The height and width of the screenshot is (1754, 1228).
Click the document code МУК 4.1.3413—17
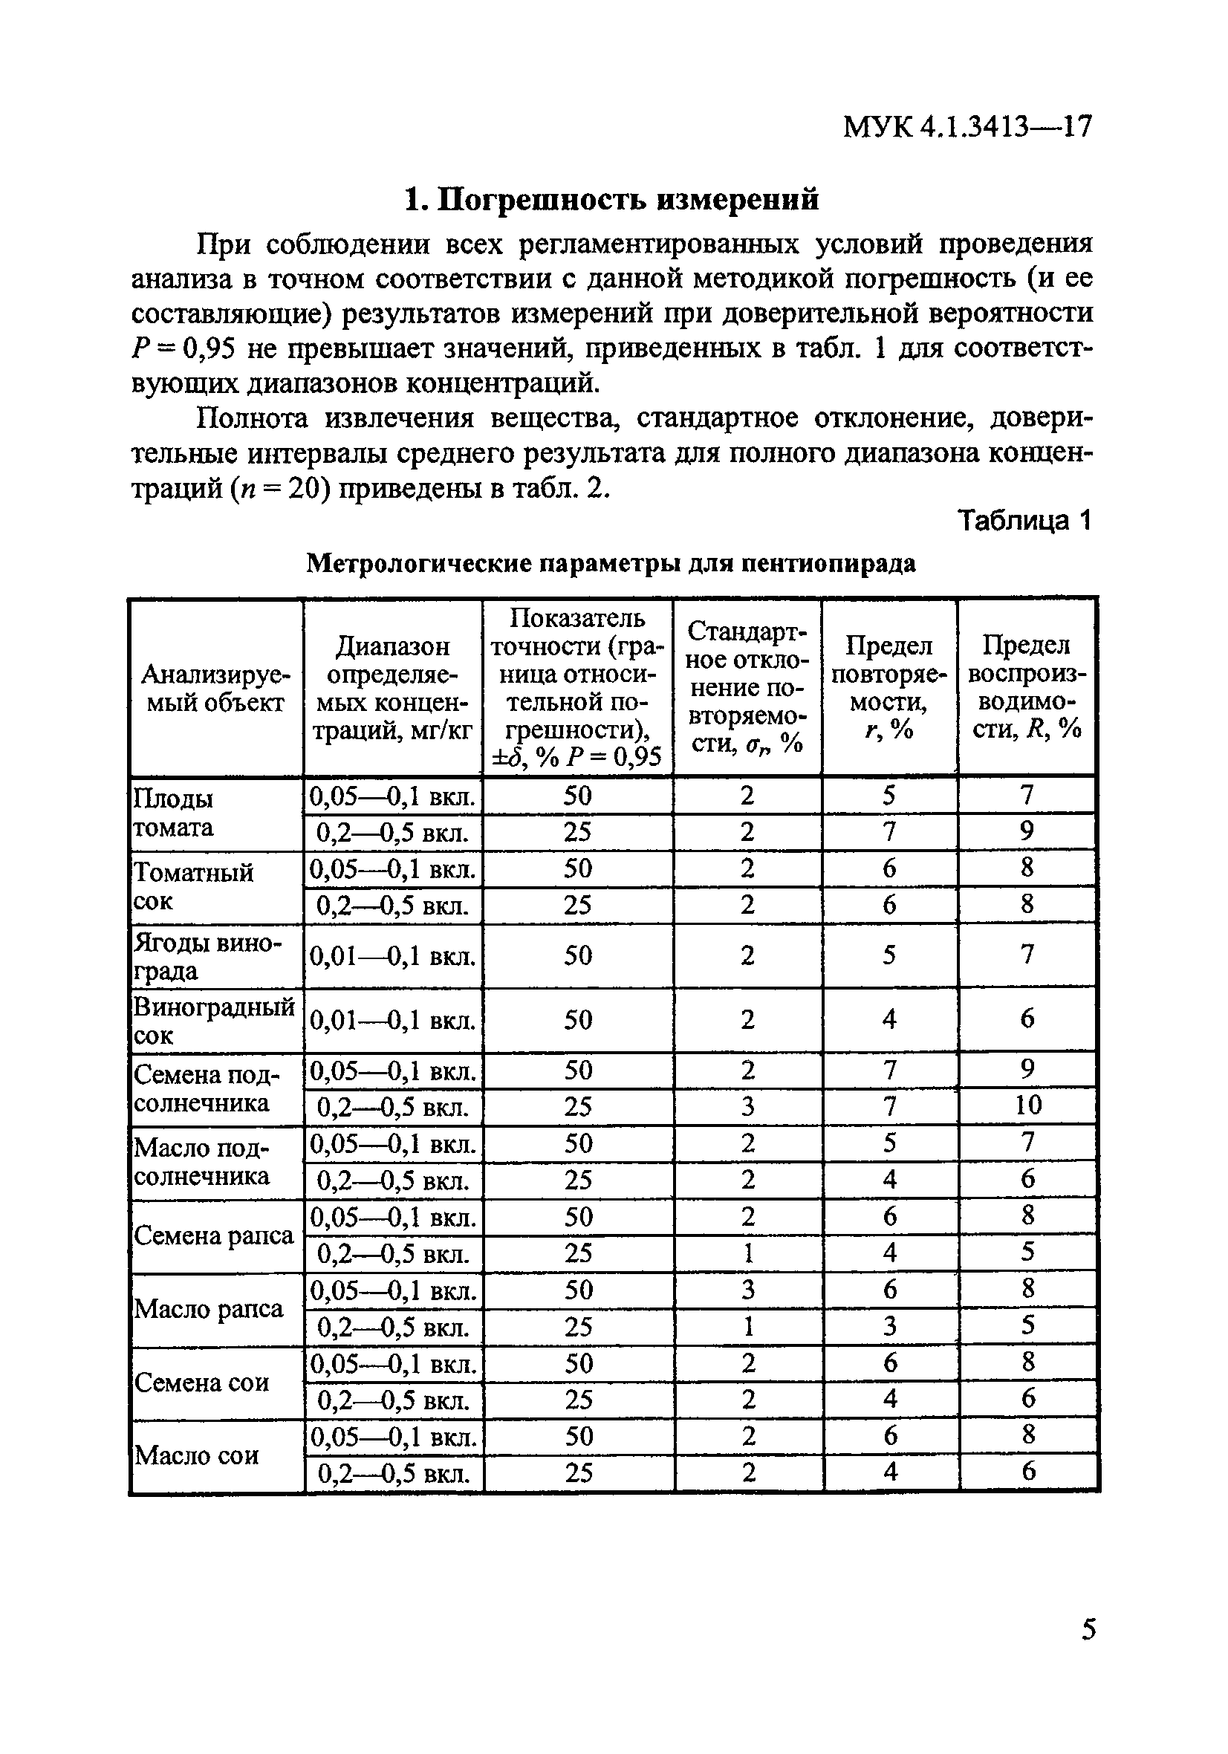coord(967,127)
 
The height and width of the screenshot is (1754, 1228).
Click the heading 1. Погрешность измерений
coord(611,199)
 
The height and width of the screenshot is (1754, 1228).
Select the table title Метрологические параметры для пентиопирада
coord(611,564)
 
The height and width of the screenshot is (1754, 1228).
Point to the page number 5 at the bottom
coord(1088,1629)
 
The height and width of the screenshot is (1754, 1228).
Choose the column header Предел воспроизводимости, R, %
coord(1026,687)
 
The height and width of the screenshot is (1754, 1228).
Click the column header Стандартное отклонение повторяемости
coord(747,687)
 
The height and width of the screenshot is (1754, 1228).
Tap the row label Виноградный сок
coord(214,1021)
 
